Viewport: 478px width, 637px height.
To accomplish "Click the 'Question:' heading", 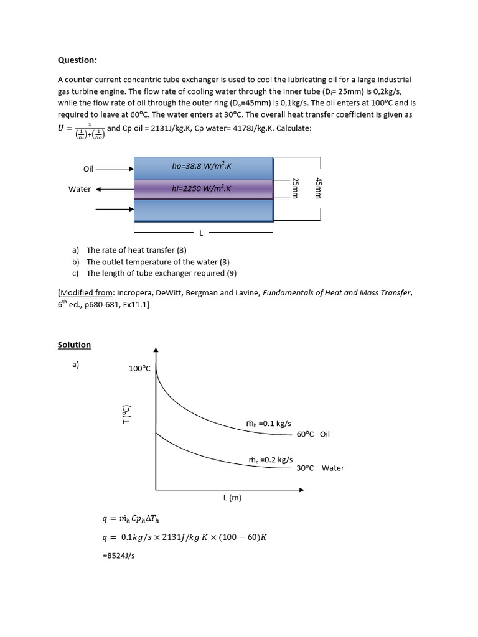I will click(77, 60).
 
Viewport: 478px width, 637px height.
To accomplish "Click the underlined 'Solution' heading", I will click(74, 345).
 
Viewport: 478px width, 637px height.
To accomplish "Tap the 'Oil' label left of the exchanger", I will click(88, 169).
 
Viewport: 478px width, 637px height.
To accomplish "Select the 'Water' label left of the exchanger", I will click(80, 189).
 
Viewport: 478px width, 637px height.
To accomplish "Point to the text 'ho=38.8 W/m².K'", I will click(202, 165).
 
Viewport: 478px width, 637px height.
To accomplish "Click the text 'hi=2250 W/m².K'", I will click(202, 188).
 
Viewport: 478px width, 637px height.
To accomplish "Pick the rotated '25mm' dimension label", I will click(296, 188).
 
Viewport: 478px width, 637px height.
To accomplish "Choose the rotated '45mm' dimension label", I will click(318, 188).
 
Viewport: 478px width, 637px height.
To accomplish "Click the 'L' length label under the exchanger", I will click(201, 233).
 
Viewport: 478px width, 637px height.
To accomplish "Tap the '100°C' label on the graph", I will click(139, 368).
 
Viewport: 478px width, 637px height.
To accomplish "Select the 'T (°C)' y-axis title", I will click(126, 414).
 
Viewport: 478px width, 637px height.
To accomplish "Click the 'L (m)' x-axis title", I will click(232, 498).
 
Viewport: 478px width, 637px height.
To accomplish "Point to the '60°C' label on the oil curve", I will click(305, 434).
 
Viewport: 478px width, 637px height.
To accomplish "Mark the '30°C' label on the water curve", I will click(305, 468).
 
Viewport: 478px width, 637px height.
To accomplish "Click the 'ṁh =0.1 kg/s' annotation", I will click(269, 424).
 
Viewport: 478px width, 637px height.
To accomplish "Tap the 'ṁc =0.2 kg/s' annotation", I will click(271, 460).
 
